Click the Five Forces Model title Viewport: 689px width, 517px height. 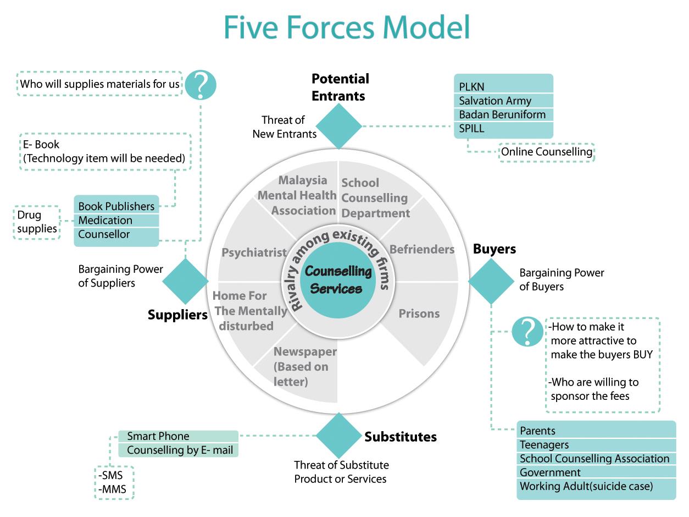[347, 27]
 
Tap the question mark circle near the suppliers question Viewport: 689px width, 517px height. [200, 85]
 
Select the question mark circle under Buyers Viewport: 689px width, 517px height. [527, 332]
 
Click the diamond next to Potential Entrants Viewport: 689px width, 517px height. [339, 127]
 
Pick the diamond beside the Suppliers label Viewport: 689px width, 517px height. [185, 281]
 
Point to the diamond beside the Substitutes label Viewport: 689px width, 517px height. [338, 436]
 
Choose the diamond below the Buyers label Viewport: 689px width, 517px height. [491, 281]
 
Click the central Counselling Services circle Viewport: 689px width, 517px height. [338, 280]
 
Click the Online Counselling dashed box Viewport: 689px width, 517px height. [547, 152]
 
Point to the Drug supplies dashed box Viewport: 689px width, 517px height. [36, 222]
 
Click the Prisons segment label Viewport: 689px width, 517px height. [419, 313]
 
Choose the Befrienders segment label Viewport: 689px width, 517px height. [422, 249]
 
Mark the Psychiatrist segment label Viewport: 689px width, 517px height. [254, 252]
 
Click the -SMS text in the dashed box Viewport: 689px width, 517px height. [112, 476]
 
